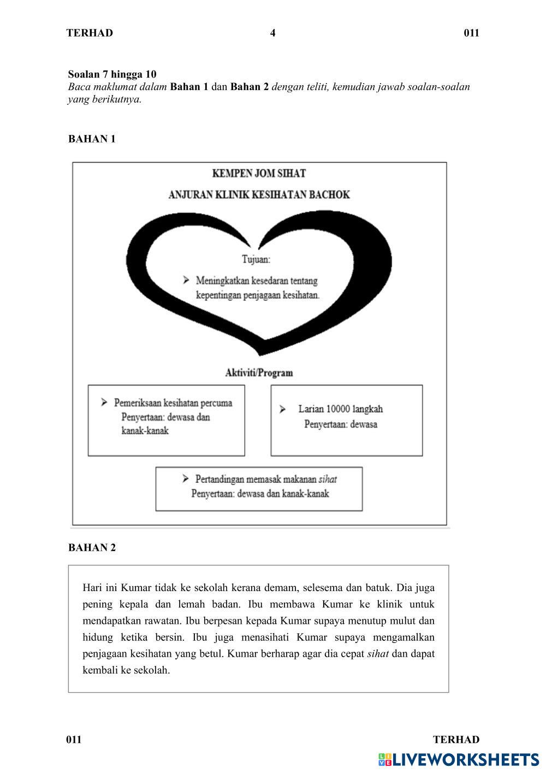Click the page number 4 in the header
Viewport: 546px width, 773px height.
click(x=272, y=33)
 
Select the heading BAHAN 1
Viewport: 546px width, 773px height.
click(x=92, y=139)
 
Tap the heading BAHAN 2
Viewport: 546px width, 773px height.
click(x=92, y=547)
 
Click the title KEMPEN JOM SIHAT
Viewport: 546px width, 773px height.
click(x=259, y=173)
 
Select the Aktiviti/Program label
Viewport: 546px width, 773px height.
click(x=259, y=373)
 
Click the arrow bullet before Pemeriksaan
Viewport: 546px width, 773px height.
click(x=104, y=403)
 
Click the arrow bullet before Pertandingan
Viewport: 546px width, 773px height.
click(x=186, y=479)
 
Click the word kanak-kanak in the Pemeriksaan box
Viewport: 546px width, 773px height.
click(x=145, y=430)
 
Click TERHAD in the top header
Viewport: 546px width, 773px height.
click(x=90, y=33)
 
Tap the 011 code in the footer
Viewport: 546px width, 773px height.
click(x=74, y=740)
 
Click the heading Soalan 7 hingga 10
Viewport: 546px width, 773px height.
click(x=112, y=74)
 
